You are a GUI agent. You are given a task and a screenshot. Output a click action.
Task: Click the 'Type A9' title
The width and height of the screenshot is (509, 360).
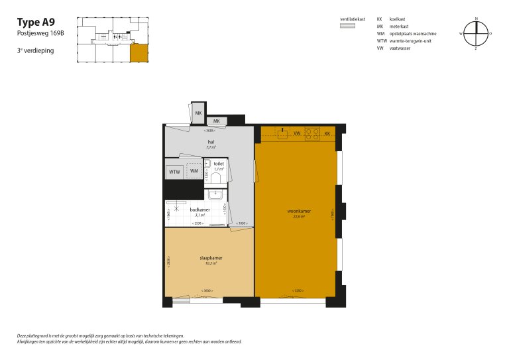(x=36, y=22)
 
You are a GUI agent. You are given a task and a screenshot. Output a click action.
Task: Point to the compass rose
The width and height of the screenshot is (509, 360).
(x=476, y=33)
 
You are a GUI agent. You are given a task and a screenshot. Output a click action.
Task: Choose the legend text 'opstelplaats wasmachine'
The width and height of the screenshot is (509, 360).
(x=413, y=34)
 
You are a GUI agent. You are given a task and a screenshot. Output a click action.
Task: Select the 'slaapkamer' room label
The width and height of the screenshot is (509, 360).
(x=210, y=259)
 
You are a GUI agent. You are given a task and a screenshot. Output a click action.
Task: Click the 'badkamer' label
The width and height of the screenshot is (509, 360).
(x=199, y=210)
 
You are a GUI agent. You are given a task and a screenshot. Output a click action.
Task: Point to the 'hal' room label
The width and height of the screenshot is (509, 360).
(x=211, y=142)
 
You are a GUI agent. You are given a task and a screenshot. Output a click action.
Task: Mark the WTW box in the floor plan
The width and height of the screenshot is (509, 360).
(x=174, y=172)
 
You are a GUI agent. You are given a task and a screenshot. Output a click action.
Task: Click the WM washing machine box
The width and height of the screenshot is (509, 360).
(x=194, y=171)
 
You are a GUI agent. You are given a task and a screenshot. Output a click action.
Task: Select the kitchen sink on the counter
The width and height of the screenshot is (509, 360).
(x=282, y=132)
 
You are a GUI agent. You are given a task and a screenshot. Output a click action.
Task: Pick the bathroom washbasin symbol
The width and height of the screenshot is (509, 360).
(x=215, y=194)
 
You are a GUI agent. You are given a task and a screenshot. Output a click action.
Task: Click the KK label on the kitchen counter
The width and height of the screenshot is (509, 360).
(x=327, y=133)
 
